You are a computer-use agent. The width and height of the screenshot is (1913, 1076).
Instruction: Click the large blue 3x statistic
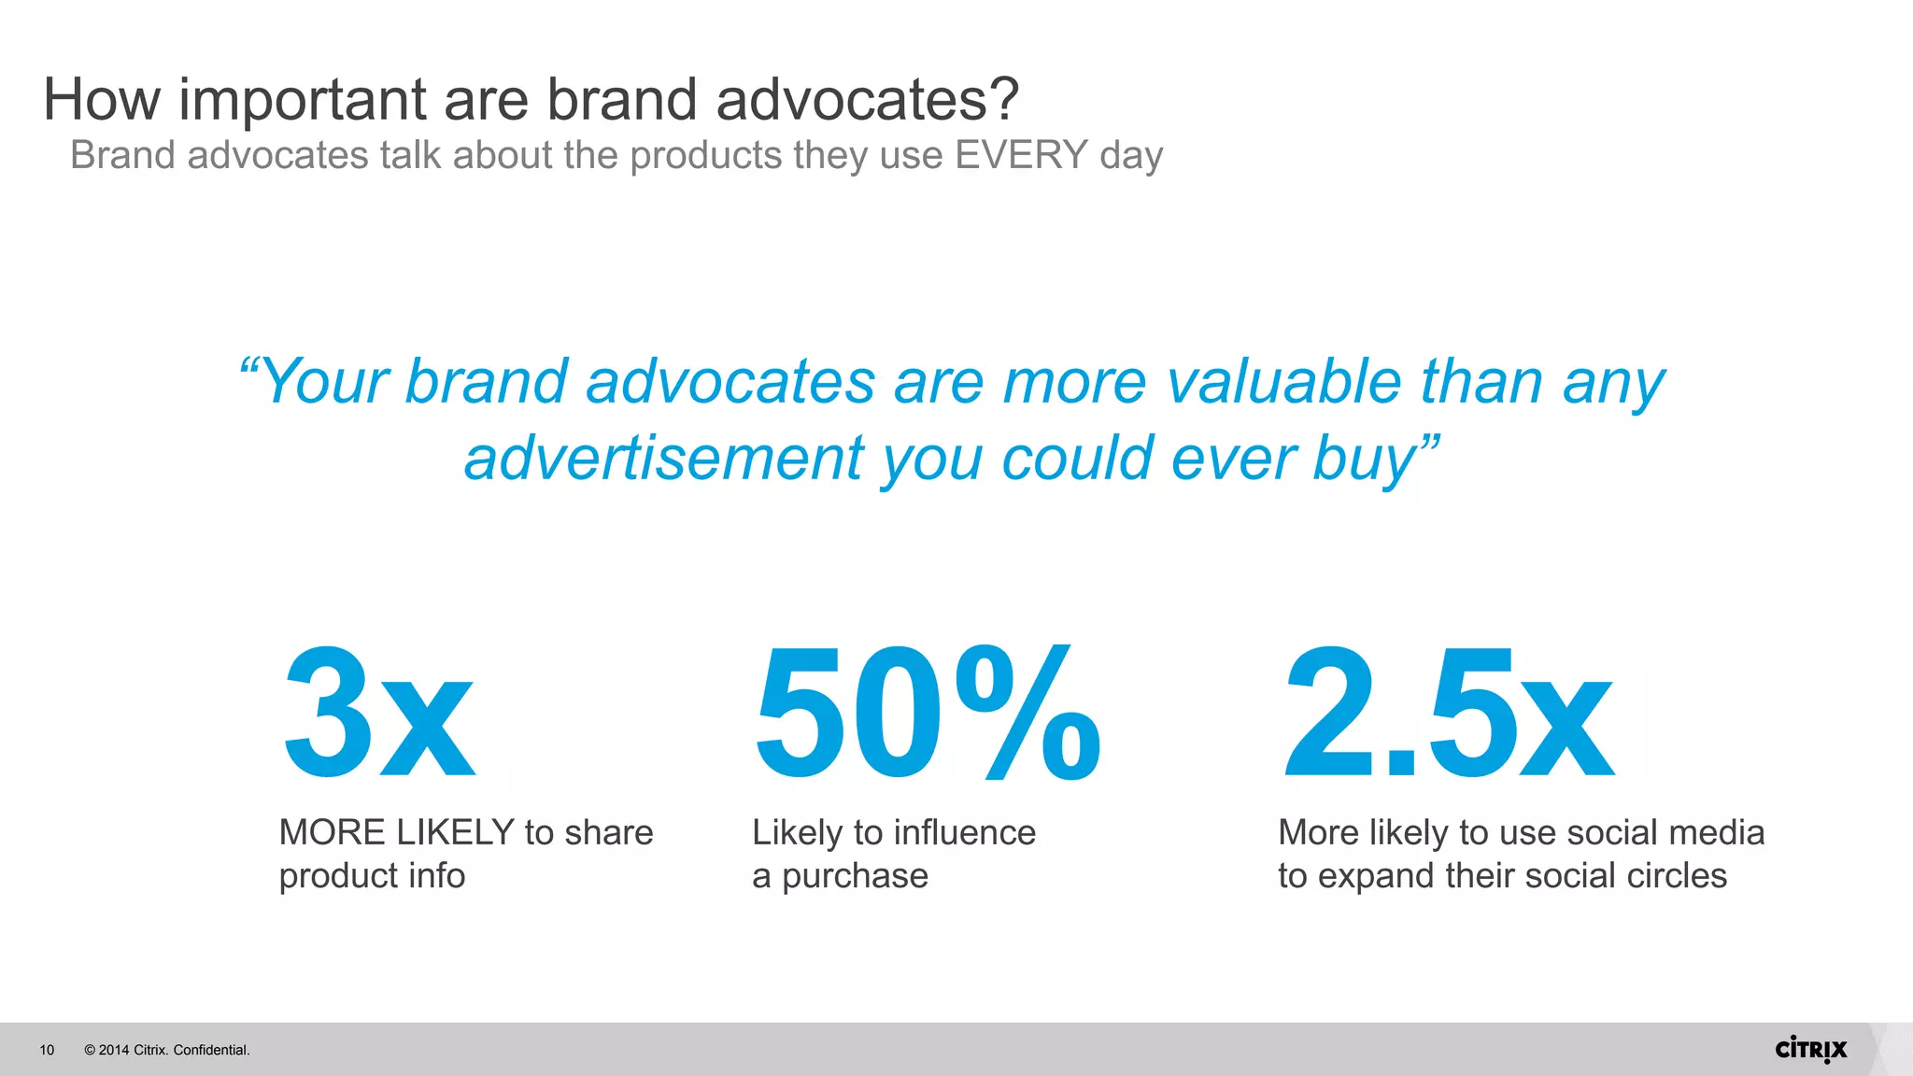pos(378,713)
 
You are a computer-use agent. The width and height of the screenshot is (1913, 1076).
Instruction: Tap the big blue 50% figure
pos(927,713)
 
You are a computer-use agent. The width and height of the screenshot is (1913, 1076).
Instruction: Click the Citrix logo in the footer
pos(1810,1049)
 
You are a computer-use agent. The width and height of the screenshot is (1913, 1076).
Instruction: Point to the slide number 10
pos(47,1050)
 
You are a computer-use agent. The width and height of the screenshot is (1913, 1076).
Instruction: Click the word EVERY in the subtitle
pos(1021,155)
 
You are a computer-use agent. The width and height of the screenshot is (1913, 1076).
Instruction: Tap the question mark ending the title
pos(1001,99)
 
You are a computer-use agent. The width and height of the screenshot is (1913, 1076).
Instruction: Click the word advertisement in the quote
pos(665,459)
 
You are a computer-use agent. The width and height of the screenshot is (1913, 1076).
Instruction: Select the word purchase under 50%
pos(855,876)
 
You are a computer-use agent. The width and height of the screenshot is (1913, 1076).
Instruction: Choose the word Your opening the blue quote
pos(324,382)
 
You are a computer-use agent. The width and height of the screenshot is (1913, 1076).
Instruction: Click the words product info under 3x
pos(372,876)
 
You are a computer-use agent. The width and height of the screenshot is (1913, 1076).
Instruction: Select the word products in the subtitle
pos(705,155)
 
